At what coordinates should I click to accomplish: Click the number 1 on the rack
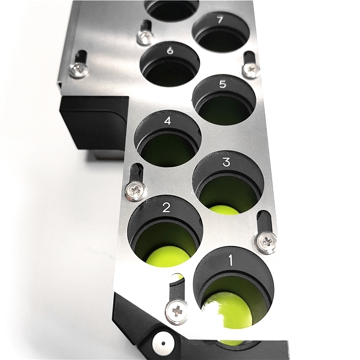point(231,261)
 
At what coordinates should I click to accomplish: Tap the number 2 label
point(166,207)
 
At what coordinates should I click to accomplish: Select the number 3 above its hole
point(226,162)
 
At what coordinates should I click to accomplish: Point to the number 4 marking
point(168,121)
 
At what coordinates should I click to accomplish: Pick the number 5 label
point(222,84)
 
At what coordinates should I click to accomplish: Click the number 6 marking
point(170,51)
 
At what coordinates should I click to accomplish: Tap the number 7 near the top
point(220,20)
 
